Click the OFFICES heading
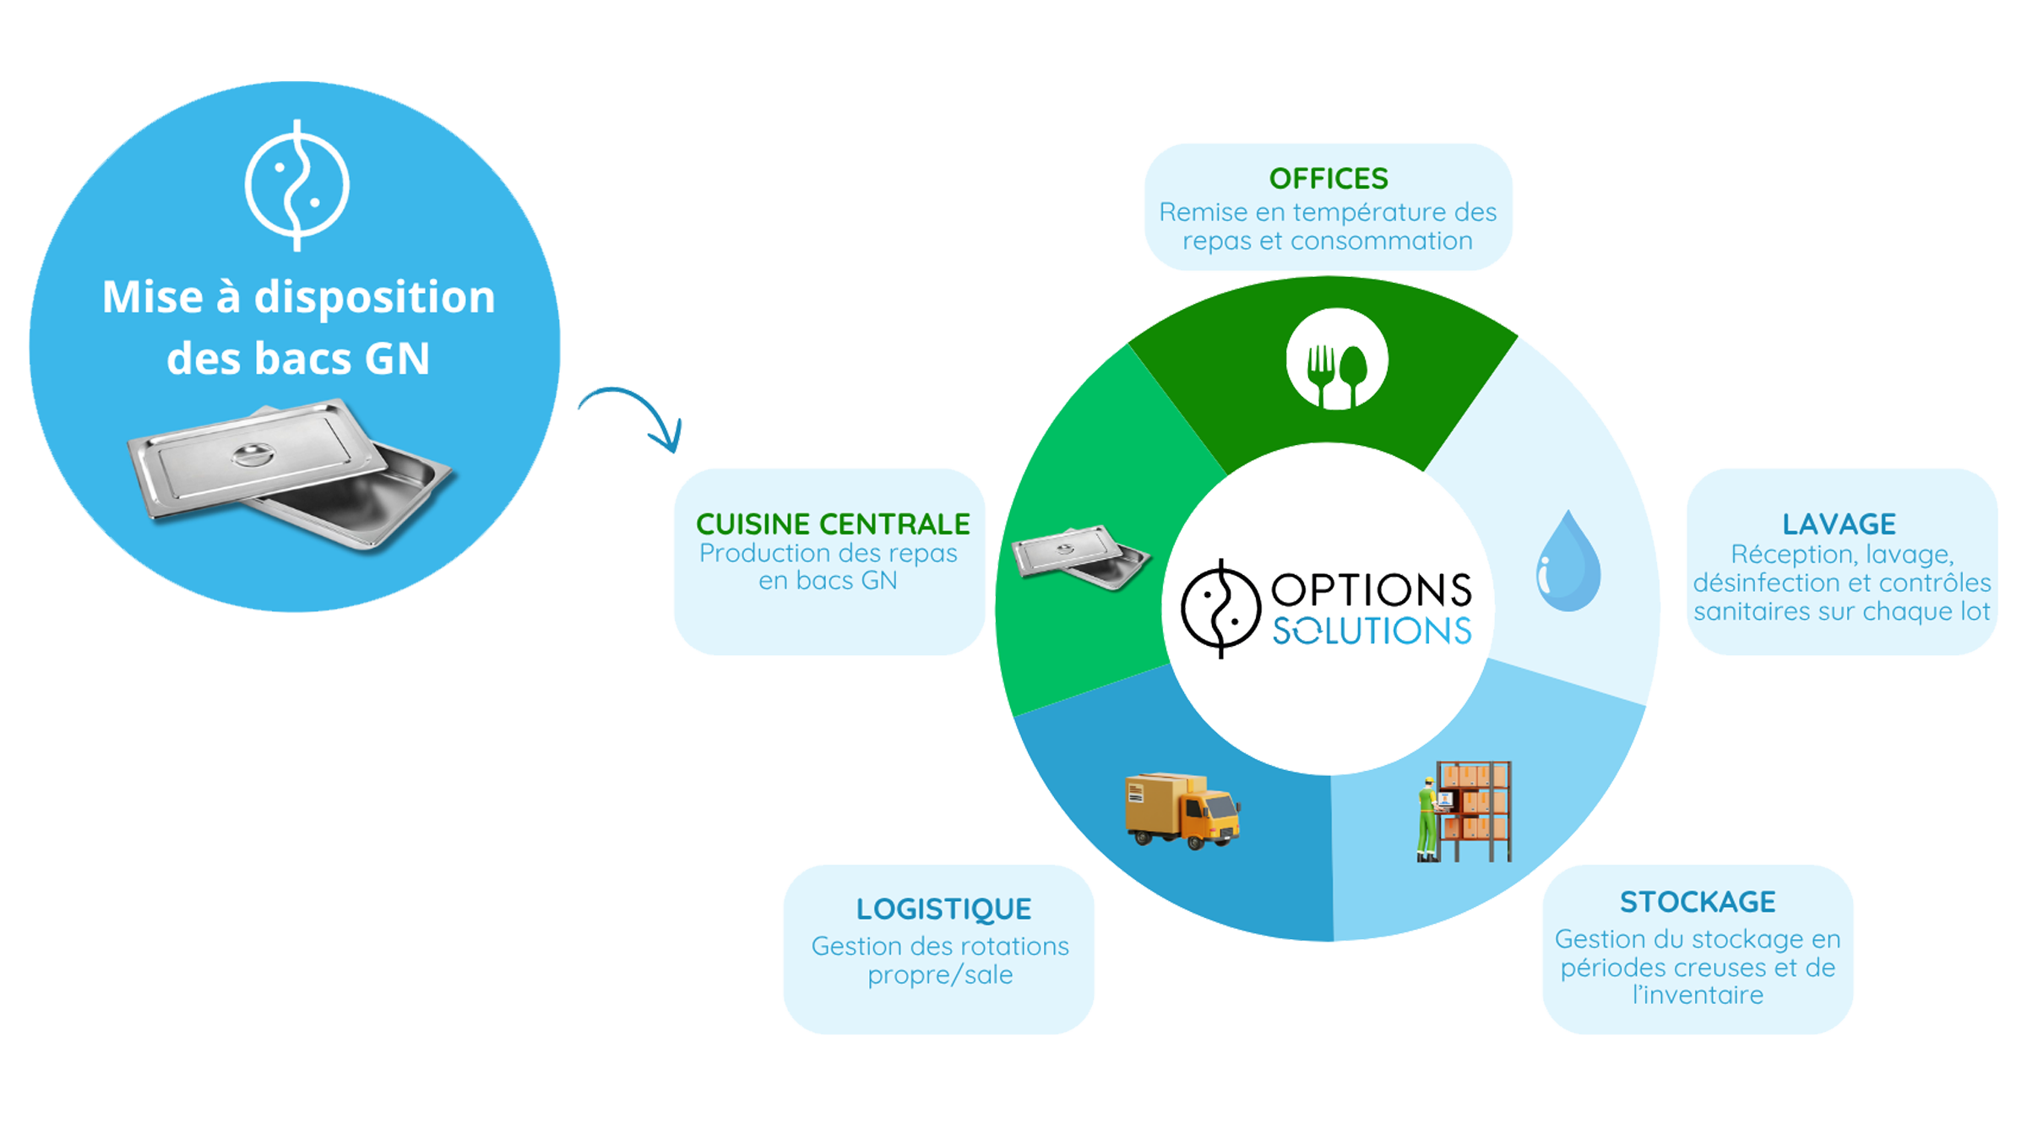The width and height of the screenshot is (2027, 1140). (x=1329, y=179)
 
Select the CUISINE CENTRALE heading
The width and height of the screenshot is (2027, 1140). (x=833, y=524)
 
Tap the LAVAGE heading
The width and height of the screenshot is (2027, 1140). (x=1839, y=524)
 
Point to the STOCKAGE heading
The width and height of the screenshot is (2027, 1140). (x=1698, y=902)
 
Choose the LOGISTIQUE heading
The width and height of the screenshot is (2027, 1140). (x=943, y=909)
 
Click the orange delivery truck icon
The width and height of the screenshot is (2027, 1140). (x=1182, y=810)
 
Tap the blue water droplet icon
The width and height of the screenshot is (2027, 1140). (x=1568, y=561)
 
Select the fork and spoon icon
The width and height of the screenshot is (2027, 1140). (x=1336, y=359)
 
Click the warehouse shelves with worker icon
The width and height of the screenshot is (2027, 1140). (x=1464, y=812)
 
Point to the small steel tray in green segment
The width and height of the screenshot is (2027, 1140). (x=1080, y=557)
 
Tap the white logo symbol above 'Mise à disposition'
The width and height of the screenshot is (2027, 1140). (x=297, y=186)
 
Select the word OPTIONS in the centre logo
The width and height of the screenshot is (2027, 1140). (x=1371, y=589)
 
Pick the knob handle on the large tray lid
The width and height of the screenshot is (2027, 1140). (x=253, y=454)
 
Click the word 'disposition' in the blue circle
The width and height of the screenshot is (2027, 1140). (x=374, y=298)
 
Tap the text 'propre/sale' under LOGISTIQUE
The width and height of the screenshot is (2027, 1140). (x=940, y=975)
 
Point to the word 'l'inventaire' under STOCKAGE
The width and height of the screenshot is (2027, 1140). (x=1698, y=996)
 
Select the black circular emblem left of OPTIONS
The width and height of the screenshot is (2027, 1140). (x=1220, y=608)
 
